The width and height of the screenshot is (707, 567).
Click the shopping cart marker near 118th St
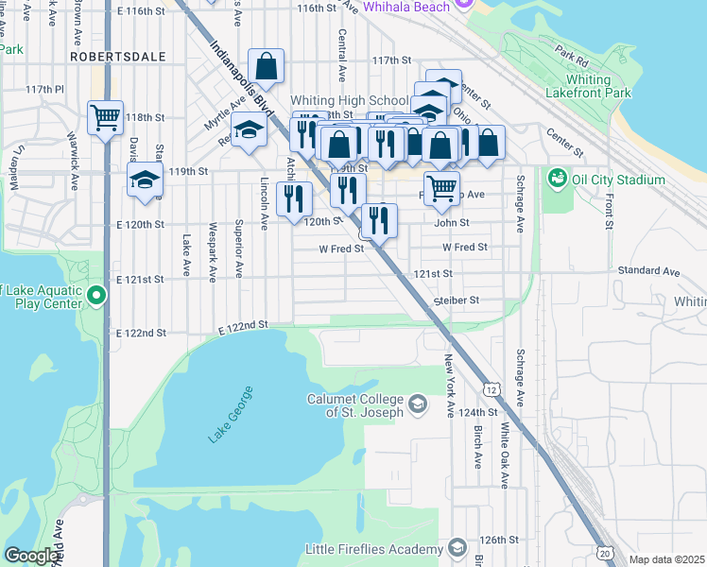click(x=105, y=118)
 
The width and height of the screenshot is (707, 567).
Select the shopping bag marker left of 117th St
click(x=266, y=66)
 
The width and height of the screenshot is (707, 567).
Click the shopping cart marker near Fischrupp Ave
click(x=441, y=188)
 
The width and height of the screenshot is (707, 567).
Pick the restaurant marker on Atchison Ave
click(x=294, y=198)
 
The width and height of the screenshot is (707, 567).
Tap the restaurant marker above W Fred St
click(x=380, y=221)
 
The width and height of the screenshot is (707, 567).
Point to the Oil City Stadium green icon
click(x=557, y=177)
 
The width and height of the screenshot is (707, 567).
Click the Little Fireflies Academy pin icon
click(x=457, y=548)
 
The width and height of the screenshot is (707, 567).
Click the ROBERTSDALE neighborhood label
click(x=117, y=57)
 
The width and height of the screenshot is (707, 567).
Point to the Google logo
click(x=32, y=556)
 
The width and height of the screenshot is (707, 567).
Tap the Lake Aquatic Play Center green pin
click(x=95, y=297)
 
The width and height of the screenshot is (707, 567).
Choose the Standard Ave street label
click(x=648, y=271)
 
